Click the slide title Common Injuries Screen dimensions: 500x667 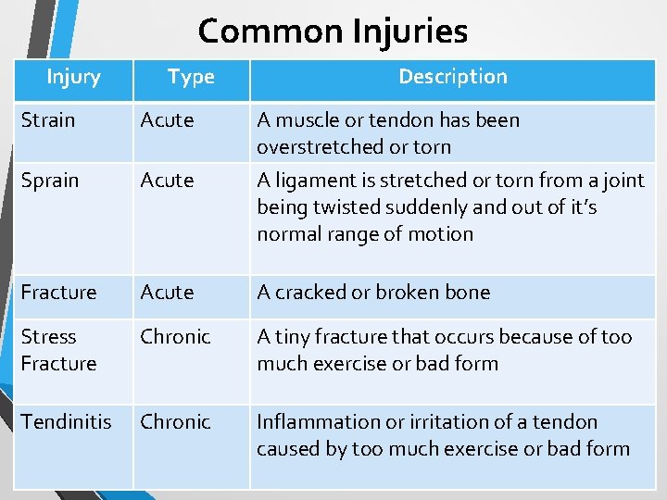333,31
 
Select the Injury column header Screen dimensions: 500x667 73,77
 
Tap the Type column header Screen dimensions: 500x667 191,77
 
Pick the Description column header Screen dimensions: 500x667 452,77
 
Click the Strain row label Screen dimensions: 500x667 48,120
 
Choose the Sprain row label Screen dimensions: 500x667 49,181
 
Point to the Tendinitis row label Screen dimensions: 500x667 66,422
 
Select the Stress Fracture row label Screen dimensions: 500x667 58,350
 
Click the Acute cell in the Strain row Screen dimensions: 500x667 167,120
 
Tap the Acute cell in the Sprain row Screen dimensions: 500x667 167,181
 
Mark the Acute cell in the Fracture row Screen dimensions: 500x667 167,293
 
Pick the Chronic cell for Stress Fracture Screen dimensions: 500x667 175,337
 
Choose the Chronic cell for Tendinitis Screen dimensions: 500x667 175,422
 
